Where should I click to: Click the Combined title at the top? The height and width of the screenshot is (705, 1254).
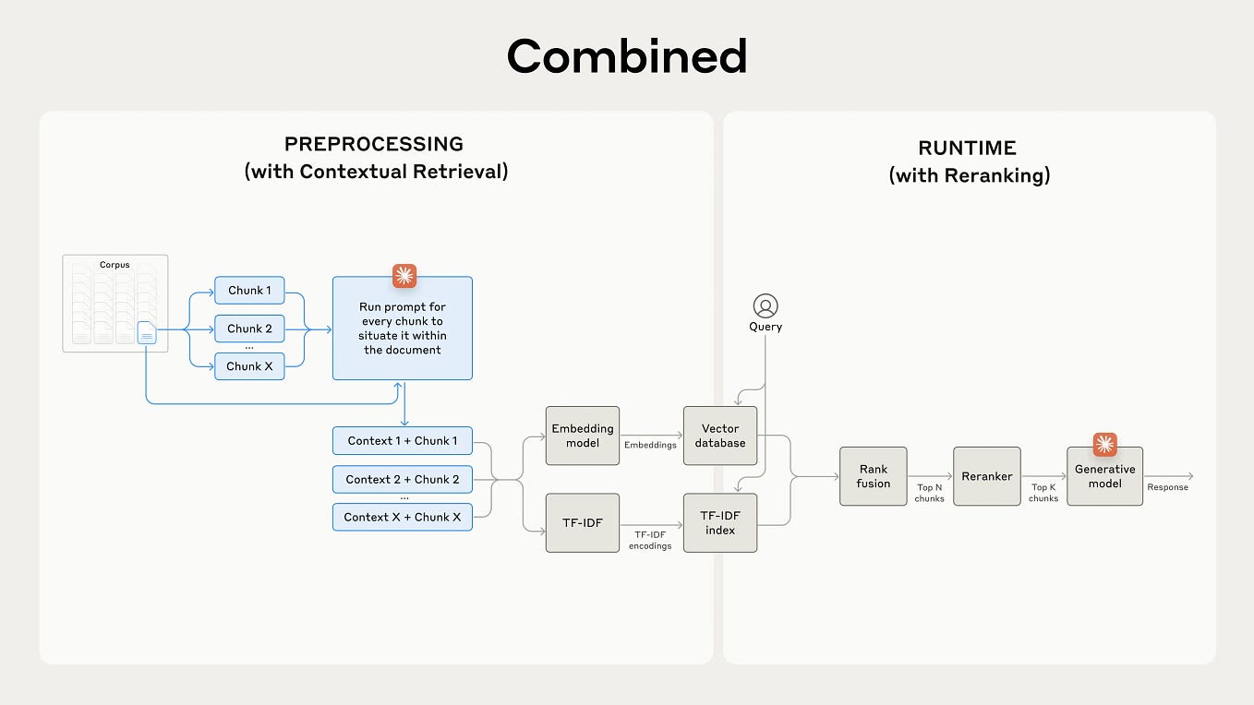click(626, 56)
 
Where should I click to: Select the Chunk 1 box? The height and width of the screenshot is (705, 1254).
click(249, 290)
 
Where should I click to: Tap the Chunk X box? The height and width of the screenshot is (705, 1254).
click(249, 365)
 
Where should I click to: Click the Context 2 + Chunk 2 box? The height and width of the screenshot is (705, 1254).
click(403, 479)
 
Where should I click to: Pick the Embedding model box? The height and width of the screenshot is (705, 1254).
click(582, 436)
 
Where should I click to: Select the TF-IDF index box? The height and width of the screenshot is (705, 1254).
click(720, 523)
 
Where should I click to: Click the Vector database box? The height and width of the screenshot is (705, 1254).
click(720, 436)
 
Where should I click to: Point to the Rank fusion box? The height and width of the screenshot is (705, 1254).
click(873, 476)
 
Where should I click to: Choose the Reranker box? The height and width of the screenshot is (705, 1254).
click(987, 476)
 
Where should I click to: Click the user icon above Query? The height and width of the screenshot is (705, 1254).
click(766, 305)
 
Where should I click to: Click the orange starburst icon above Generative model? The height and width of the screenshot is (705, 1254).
click(1104, 445)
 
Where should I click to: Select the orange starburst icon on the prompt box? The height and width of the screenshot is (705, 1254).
click(404, 276)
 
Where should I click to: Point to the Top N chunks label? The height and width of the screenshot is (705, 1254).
click(930, 493)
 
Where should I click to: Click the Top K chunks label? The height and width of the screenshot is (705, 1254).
click(1043, 493)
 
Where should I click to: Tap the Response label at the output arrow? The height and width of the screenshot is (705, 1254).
click(1167, 487)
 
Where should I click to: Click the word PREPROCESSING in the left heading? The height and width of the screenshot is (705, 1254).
click(374, 144)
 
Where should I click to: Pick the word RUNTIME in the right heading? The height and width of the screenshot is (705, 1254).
click(967, 148)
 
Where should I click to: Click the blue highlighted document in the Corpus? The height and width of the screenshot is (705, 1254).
click(147, 333)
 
